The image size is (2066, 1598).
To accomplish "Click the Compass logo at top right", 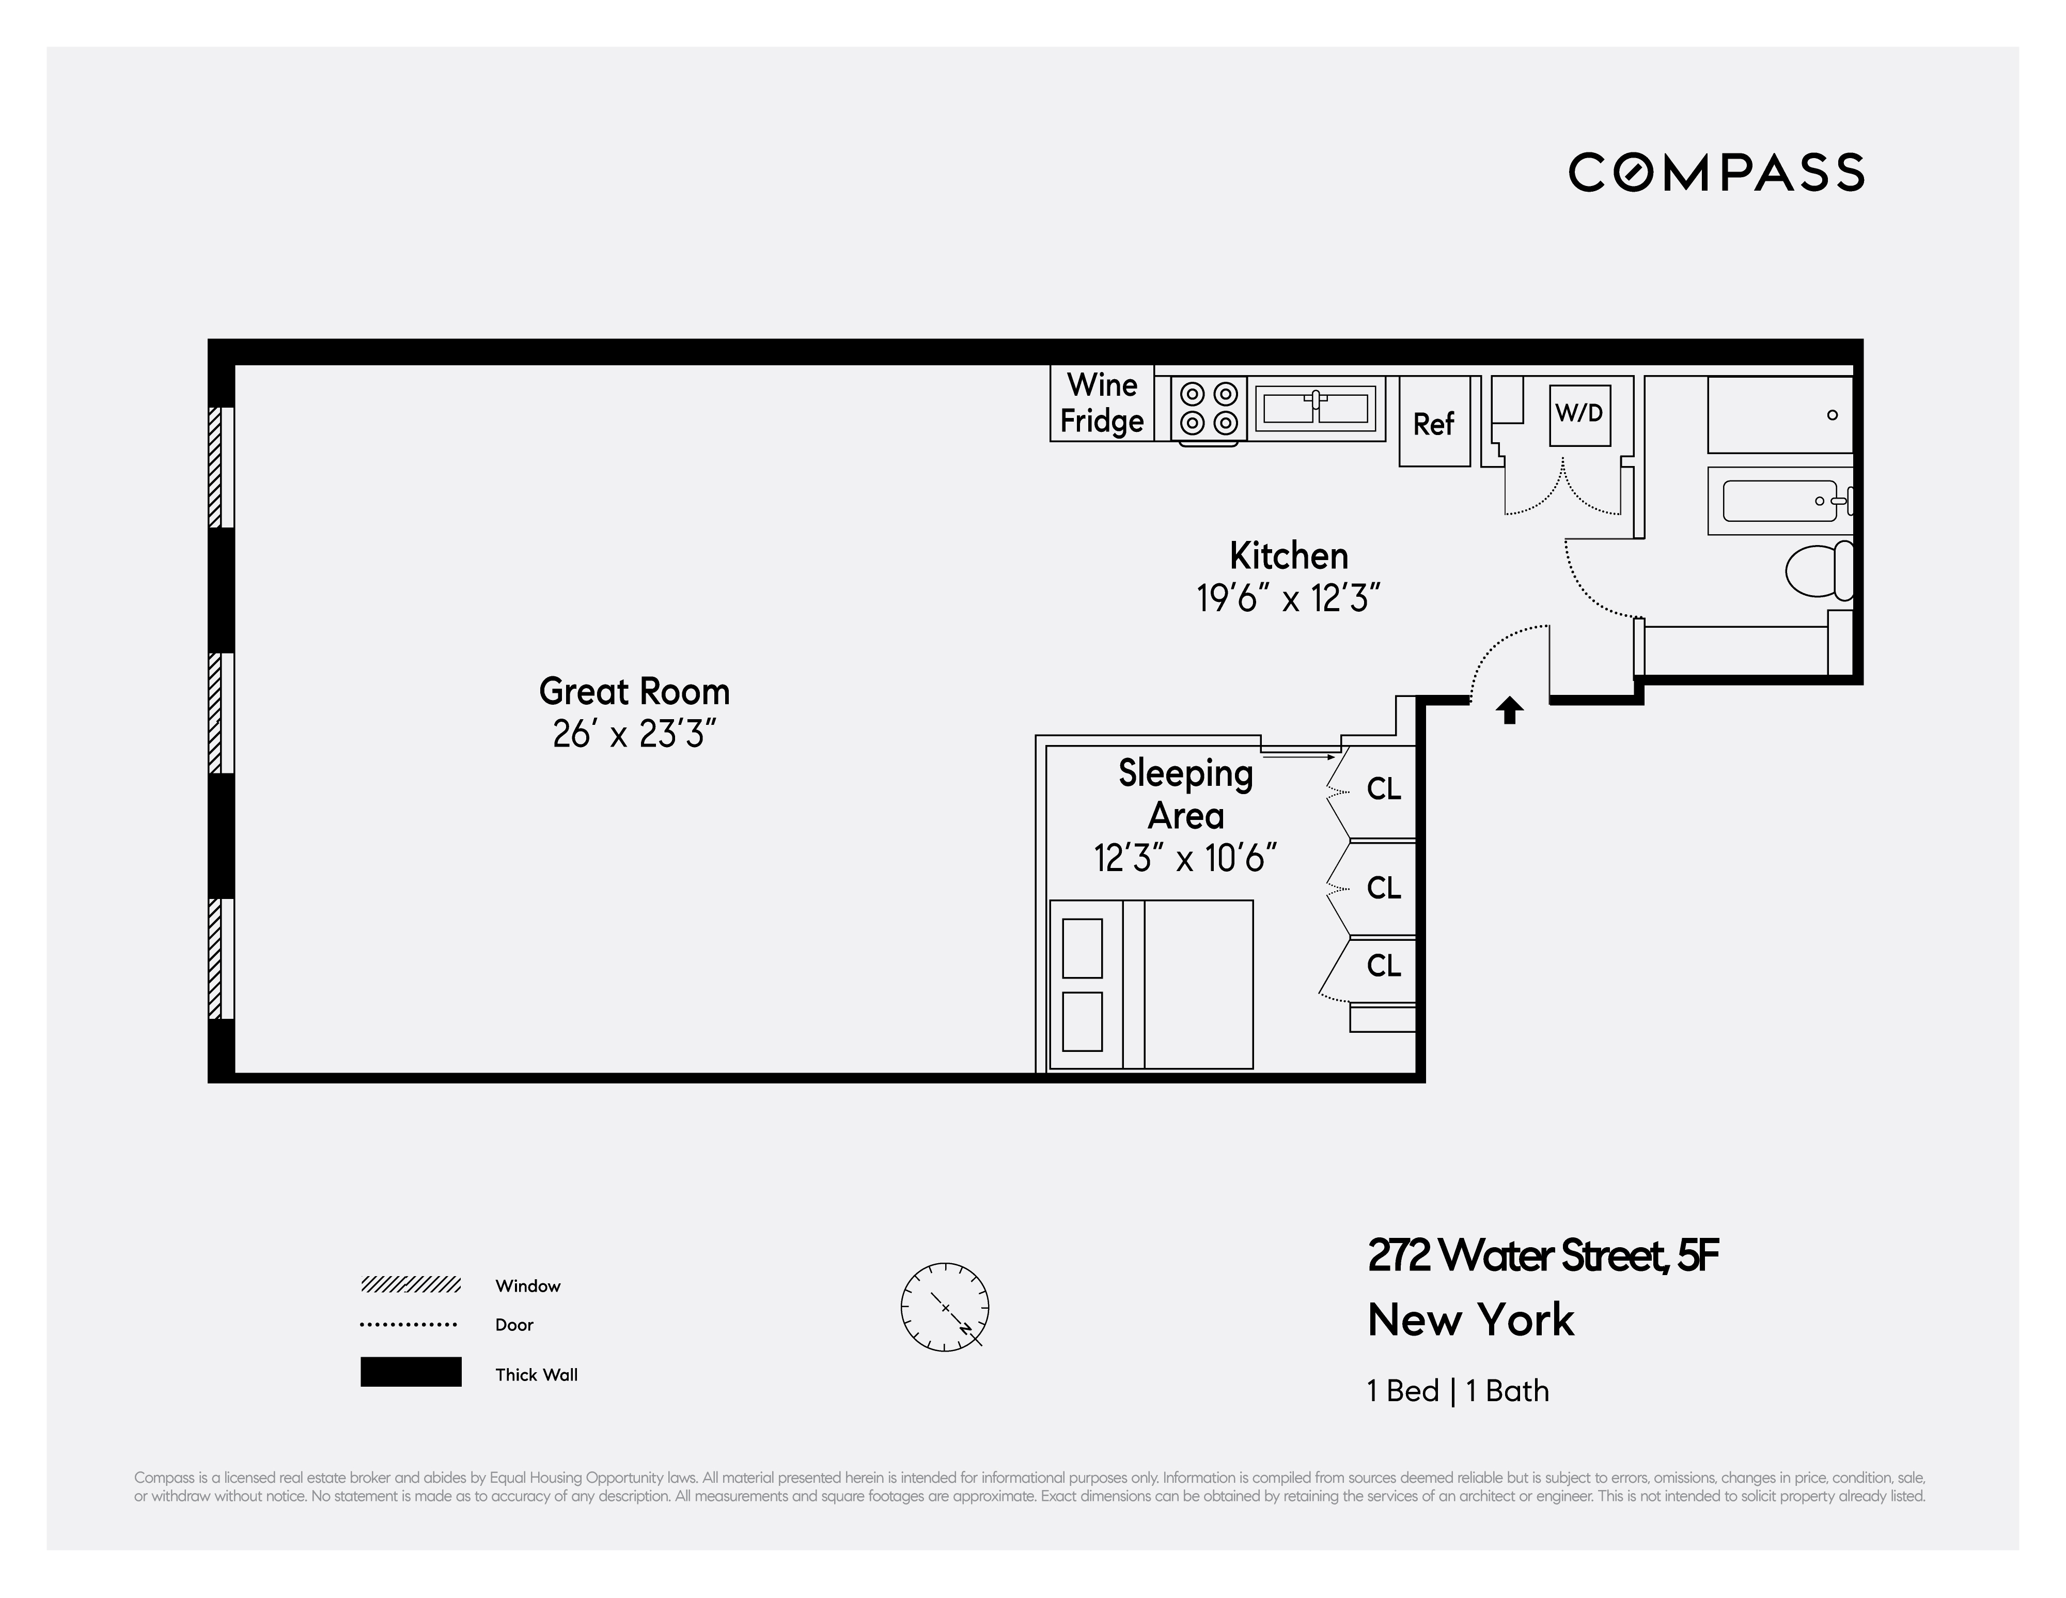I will pos(1716,172).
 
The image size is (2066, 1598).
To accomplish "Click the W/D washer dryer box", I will pos(1579,413).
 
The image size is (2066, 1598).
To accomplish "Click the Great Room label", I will pos(634,692).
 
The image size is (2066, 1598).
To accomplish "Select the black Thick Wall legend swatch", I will pos(411,1372).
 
